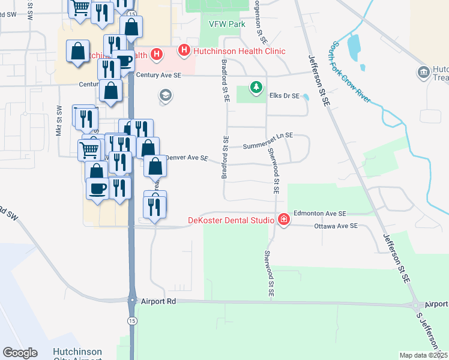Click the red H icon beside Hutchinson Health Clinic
coord(184,52)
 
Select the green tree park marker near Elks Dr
coord(256,88)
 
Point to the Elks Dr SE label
coord(284,95)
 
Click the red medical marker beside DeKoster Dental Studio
coord(283,220)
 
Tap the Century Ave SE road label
coord(158,76)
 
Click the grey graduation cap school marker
coord(164,95)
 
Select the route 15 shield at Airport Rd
coord(132,300)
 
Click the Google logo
coord(20,353)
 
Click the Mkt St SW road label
coord(59,121)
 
